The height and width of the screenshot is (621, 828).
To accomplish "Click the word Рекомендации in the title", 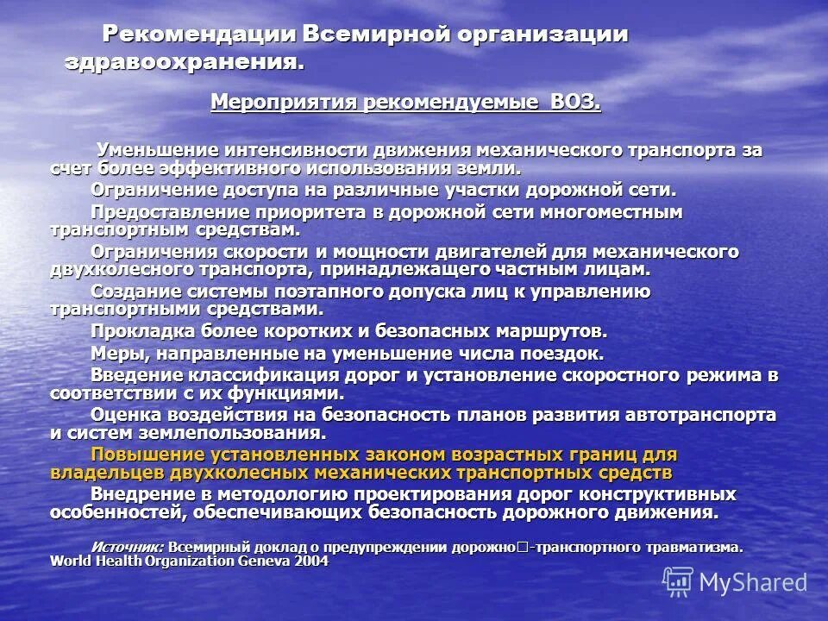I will pyautogui.click(x=199, y=34).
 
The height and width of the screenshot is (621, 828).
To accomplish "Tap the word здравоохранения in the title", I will pyautogui.click(x=184, y=62).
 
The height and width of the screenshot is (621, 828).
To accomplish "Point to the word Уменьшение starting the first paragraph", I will pyautogui.click(x=158, y=150).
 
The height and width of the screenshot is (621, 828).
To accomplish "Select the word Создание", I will pyautogui.click(x=133, y=292).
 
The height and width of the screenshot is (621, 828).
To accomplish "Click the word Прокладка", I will pyautogui.click(x=139, y=331).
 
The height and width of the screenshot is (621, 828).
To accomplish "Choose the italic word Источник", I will pyautogui.click(x=127, y=547).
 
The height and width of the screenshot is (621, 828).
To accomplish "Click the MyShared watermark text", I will pyautogui.click(x=753, y=582).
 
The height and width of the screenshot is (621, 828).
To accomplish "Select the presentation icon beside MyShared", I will pyautogui.click(x=678, y=582).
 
